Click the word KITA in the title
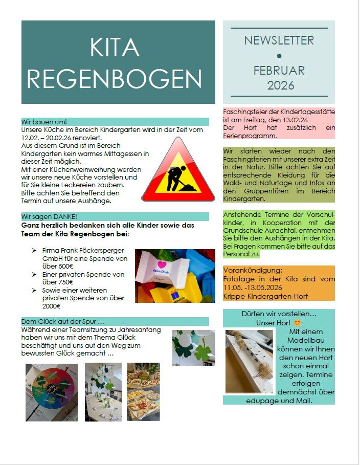(115, 48)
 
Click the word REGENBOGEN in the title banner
(115, 79)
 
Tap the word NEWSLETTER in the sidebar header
(279, 40)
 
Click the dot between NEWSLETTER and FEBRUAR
(279, 55)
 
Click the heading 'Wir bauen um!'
(44, 122)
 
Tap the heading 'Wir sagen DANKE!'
(49, 216)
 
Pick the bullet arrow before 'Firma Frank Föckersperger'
(34, 251)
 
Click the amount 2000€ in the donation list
(52, 306)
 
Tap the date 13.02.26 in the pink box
(305, 120)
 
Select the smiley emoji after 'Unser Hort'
(297, 323)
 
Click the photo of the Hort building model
(250, 361)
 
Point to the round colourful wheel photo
(52, 392)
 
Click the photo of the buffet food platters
(143, 391)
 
